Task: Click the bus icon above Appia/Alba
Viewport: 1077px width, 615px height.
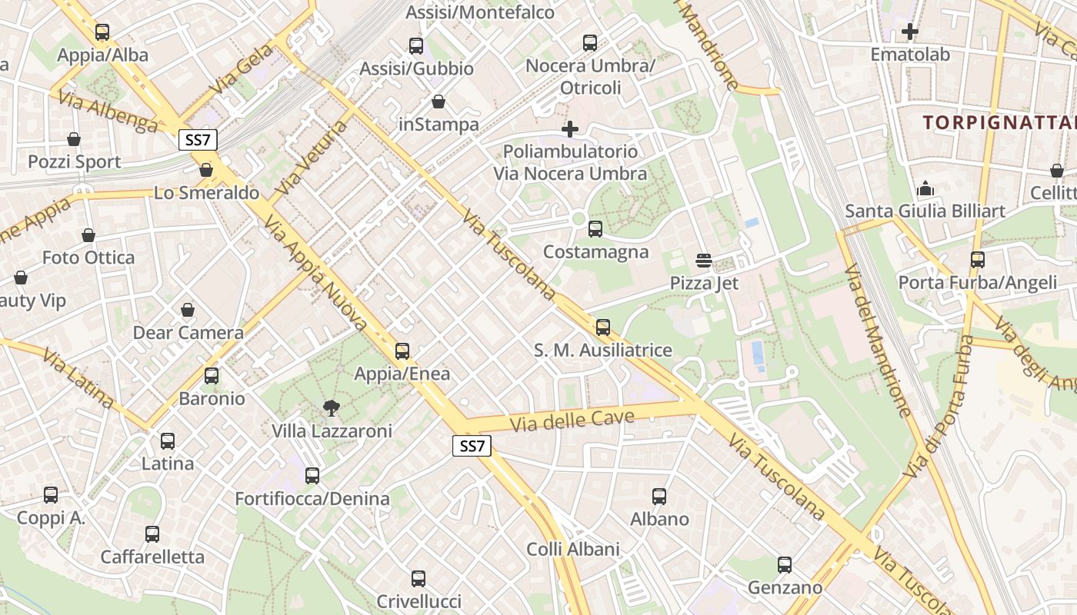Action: pos(102,32)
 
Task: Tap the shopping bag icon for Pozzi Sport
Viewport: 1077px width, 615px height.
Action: pos(74,139)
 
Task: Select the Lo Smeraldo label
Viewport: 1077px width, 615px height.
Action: pos(206,192)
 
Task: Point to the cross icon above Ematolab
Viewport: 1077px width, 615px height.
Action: pos(910,32)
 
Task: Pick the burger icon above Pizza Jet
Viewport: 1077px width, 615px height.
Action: pos(703,260)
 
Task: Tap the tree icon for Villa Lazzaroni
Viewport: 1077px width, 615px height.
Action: pos(332,407)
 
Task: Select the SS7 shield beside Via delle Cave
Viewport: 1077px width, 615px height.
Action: pos(472,446)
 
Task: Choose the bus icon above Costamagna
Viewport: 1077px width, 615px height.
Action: pos(595,228)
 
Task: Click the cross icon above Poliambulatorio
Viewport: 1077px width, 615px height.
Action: pos(570,128)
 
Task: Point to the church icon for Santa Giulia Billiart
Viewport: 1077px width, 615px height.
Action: pos(925,188)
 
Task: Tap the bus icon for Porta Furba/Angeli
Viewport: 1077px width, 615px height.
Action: pos(978,260)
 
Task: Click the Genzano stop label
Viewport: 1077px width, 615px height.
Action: pos(785,588)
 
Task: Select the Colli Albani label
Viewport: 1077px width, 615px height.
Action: pos(573,549)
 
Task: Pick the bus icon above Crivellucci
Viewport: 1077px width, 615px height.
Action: pos(418,578)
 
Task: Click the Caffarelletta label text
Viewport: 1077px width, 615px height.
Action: pos(152,557)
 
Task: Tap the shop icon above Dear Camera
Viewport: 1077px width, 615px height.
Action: pos(188,310)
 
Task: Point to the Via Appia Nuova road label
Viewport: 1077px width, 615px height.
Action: pos(315,274)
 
